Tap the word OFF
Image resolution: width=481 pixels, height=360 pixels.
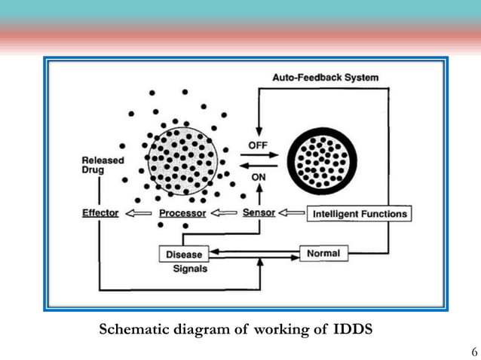(258, 144)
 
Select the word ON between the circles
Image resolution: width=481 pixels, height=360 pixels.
(258, 178)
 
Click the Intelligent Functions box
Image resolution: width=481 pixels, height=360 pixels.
(360, 214)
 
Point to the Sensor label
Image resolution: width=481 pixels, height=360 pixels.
(259, 213)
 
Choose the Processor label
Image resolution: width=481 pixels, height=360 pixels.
(182, 213)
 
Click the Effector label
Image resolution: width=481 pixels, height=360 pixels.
(100, 213)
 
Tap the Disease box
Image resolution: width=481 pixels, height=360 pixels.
(183, 255)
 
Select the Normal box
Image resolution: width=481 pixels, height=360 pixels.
(323, 254)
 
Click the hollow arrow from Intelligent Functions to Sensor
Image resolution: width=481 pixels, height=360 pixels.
(293, 213)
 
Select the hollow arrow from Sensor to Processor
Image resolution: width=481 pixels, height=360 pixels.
(224, 213)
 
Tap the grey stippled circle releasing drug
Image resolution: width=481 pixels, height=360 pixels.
(183, 160)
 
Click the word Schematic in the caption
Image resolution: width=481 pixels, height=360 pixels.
(133, 329)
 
